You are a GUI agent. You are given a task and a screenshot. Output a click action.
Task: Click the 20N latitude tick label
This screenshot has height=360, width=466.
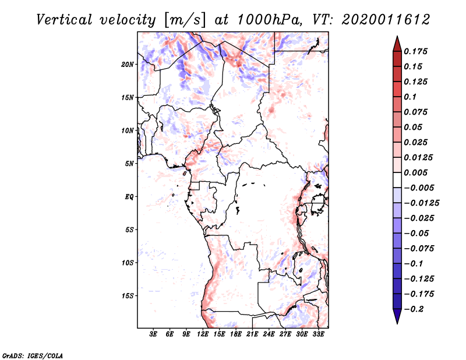click(128, 65)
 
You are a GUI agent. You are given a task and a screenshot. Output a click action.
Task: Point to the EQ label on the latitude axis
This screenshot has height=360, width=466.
click(129, 197)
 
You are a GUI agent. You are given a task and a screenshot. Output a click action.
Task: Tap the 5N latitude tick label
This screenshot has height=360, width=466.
click(129, 164)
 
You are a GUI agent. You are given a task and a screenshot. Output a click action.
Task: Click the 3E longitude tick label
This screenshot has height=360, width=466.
click(153, 334)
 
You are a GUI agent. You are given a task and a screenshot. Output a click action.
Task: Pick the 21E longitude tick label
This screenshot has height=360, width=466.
click(252, 334)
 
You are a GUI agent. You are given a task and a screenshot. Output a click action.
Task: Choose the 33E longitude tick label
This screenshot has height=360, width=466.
click(318, 334)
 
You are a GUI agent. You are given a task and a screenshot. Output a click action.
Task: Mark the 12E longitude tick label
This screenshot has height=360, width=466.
click(203, 334)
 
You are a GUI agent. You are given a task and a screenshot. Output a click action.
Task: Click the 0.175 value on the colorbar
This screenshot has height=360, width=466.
click(415, 51)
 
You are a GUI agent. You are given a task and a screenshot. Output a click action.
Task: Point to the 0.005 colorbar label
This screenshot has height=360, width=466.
click(415, 172)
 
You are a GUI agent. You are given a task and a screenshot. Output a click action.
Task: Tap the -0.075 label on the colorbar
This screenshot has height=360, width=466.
click(419, 249)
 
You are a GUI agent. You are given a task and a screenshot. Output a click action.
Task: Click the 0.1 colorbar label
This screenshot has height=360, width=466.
click(410, 97)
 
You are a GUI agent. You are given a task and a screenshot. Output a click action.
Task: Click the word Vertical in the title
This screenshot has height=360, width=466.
click(64, 20)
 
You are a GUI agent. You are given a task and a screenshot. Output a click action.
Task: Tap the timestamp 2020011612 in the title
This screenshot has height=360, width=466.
click(386, 20)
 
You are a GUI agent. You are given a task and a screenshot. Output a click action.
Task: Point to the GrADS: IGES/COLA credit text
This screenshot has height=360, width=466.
click(33, 356)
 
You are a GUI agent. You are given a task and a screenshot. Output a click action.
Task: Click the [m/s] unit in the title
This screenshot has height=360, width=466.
click(185, 20)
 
